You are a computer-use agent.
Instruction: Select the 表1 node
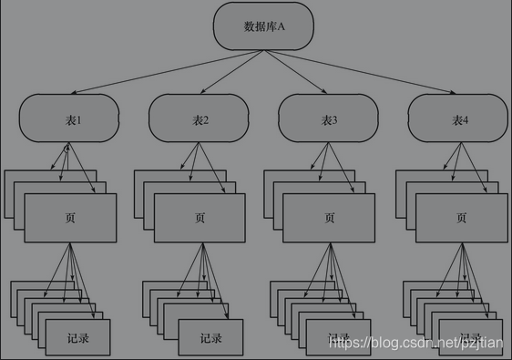[x=69, y=119]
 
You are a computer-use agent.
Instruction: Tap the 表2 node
[x=200, y=119]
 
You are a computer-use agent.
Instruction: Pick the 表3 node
[x=329, y=119]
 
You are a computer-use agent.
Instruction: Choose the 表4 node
[x=458, y=119]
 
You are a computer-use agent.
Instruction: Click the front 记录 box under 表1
[x=77, y=338]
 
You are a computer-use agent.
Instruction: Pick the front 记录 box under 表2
[x=210, y=338]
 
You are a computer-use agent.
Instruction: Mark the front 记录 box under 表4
[x=470, y=338]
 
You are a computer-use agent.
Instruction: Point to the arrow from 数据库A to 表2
[x=232, y=73]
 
